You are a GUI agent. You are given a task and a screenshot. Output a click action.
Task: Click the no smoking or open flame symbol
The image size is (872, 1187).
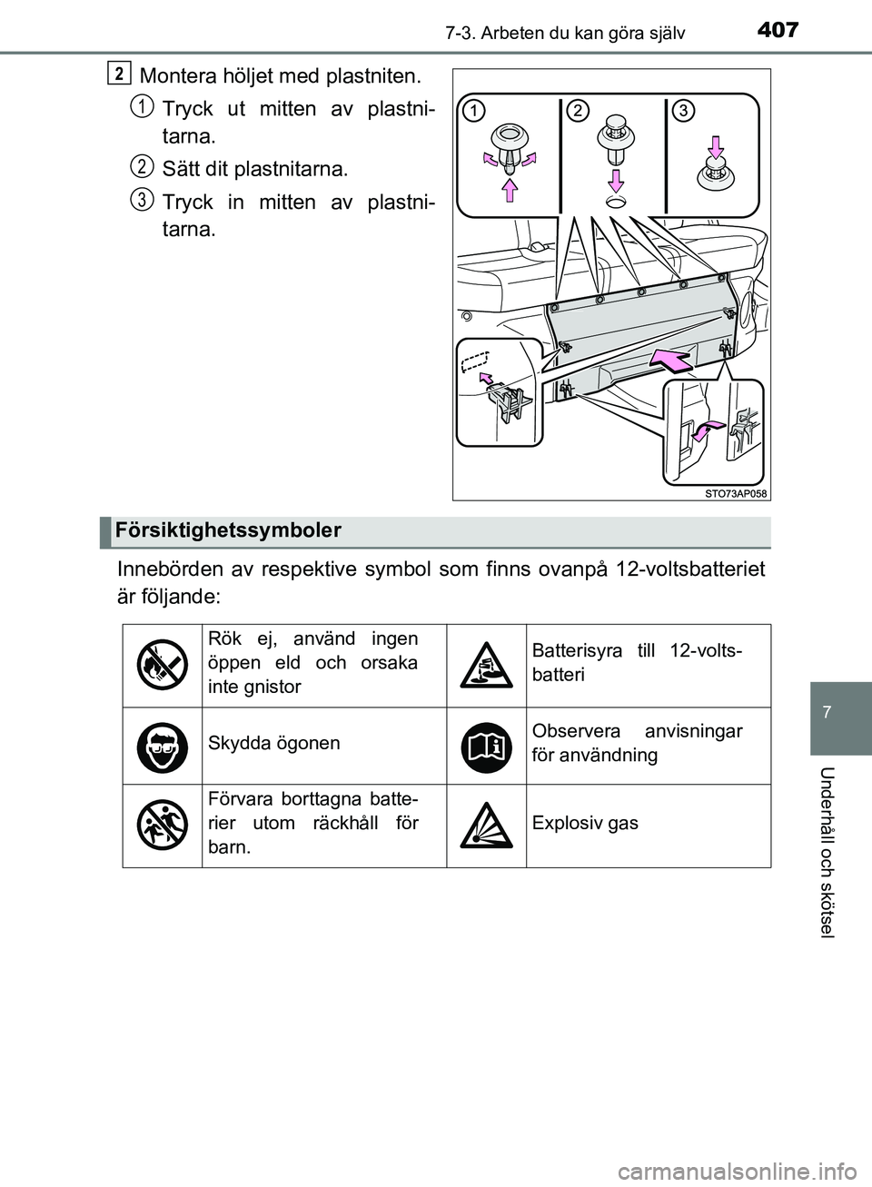(163, 665)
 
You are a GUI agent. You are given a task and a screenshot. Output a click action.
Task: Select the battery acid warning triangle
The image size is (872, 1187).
(487, 666)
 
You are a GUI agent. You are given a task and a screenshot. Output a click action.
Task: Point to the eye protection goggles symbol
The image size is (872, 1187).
(163, 743)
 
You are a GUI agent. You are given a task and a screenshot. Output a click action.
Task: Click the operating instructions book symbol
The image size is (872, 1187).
(487, 743)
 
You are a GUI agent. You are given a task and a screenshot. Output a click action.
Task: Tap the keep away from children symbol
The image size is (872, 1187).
(163, 823)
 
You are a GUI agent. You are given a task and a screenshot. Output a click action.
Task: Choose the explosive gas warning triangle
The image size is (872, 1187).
(487, 823)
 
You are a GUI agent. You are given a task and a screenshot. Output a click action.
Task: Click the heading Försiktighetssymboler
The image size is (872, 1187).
(228, 530)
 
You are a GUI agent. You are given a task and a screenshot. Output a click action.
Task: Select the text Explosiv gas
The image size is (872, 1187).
(585, 823)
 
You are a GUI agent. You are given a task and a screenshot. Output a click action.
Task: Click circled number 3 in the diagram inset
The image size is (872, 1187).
(683, 110)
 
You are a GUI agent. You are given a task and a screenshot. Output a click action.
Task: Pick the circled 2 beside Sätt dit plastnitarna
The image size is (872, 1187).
(141, 165)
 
